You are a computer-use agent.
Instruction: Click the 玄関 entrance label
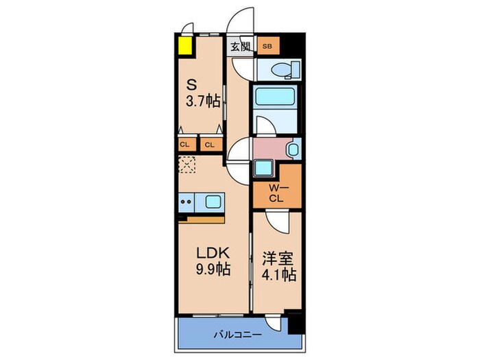240,47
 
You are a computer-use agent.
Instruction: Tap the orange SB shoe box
267,47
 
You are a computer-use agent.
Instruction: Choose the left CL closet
185,144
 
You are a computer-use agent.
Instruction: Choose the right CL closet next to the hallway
209,144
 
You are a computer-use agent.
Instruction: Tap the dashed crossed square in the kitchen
187,165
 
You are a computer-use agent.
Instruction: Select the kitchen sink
212,202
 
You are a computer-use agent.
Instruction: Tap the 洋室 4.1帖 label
279,266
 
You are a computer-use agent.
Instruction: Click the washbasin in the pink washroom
293,148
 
